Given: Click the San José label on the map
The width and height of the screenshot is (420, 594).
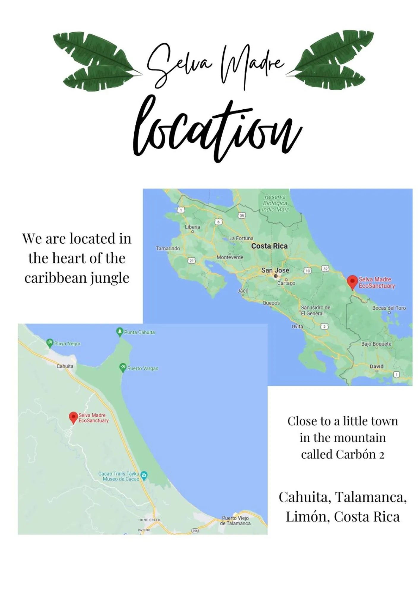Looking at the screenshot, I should (275, 270).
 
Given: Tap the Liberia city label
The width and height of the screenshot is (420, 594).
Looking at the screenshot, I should (192, 227).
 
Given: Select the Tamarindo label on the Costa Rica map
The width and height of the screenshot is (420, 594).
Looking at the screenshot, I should (168, 248).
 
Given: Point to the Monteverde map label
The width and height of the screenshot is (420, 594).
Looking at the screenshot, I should (230, 257).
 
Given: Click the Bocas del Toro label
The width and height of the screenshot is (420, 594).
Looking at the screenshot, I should (389, 308).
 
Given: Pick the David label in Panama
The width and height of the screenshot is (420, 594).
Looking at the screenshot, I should (376, 366).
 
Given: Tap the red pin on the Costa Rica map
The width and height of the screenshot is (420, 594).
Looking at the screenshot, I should (352, 282).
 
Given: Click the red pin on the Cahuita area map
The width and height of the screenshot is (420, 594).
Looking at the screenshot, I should (73, 417).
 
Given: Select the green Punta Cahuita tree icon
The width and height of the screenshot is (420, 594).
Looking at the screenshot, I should (119, 332).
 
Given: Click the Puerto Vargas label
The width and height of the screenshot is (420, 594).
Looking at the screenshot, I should (143, 368).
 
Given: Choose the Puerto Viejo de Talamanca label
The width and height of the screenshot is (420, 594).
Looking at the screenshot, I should (235, 521).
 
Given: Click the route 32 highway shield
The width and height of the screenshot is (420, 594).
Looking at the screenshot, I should (325, 269).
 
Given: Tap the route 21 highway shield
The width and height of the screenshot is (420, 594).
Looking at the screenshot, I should (192, 261).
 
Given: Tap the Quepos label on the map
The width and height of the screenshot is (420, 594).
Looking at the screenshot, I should (271, 303).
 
